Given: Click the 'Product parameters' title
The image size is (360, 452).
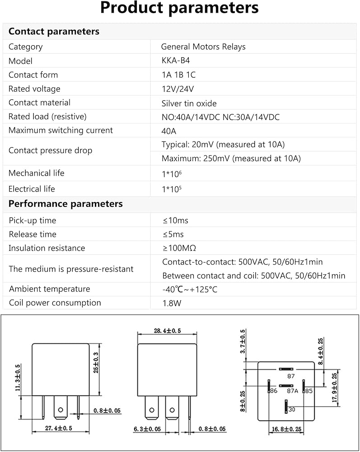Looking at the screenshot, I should (x=180, y=8).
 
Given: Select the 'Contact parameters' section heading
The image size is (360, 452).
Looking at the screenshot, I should (x=54, y=32).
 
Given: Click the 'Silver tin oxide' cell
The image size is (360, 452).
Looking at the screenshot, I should (x=189, y=103).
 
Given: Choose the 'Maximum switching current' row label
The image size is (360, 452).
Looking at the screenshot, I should (x=61, y=131).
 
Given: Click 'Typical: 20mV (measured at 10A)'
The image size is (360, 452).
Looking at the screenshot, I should (x=223, y=145).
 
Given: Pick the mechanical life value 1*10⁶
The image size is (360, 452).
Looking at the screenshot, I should (x=172, y=174).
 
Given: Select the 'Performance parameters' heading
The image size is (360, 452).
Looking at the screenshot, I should (x=65, y=204).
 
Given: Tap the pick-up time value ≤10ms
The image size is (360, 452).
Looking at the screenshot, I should (x=175, y=221).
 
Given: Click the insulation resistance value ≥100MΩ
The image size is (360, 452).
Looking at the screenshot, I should (x=179, y=248).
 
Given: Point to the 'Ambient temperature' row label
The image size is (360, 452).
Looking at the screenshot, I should (x=49, y=289).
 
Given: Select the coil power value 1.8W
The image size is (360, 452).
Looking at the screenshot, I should (x=172, y=303).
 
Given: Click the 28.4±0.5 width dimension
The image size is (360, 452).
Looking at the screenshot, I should (x=167, y=331).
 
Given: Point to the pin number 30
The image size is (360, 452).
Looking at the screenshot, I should (x=292, y=410).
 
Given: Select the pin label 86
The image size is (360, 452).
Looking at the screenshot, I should (x=273, y=390).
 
